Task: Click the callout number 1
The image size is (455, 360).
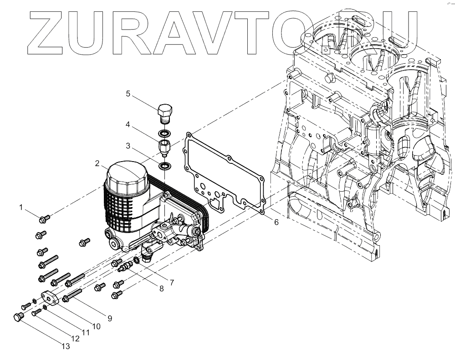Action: [21, 208]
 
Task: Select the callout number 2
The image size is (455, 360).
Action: [97, 163]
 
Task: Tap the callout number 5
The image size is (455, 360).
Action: [128, 94]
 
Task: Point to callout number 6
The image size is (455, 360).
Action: [276, 222]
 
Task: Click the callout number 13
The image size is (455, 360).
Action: [66, 346]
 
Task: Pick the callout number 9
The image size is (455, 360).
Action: [110, 319]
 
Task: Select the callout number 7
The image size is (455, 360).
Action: [172, 282]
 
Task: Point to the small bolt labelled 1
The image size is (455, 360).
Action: [44, 219]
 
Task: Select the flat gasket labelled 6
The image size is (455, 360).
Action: [191, 150]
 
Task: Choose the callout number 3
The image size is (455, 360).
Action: [128, 146]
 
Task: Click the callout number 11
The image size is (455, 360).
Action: [85, 332]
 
